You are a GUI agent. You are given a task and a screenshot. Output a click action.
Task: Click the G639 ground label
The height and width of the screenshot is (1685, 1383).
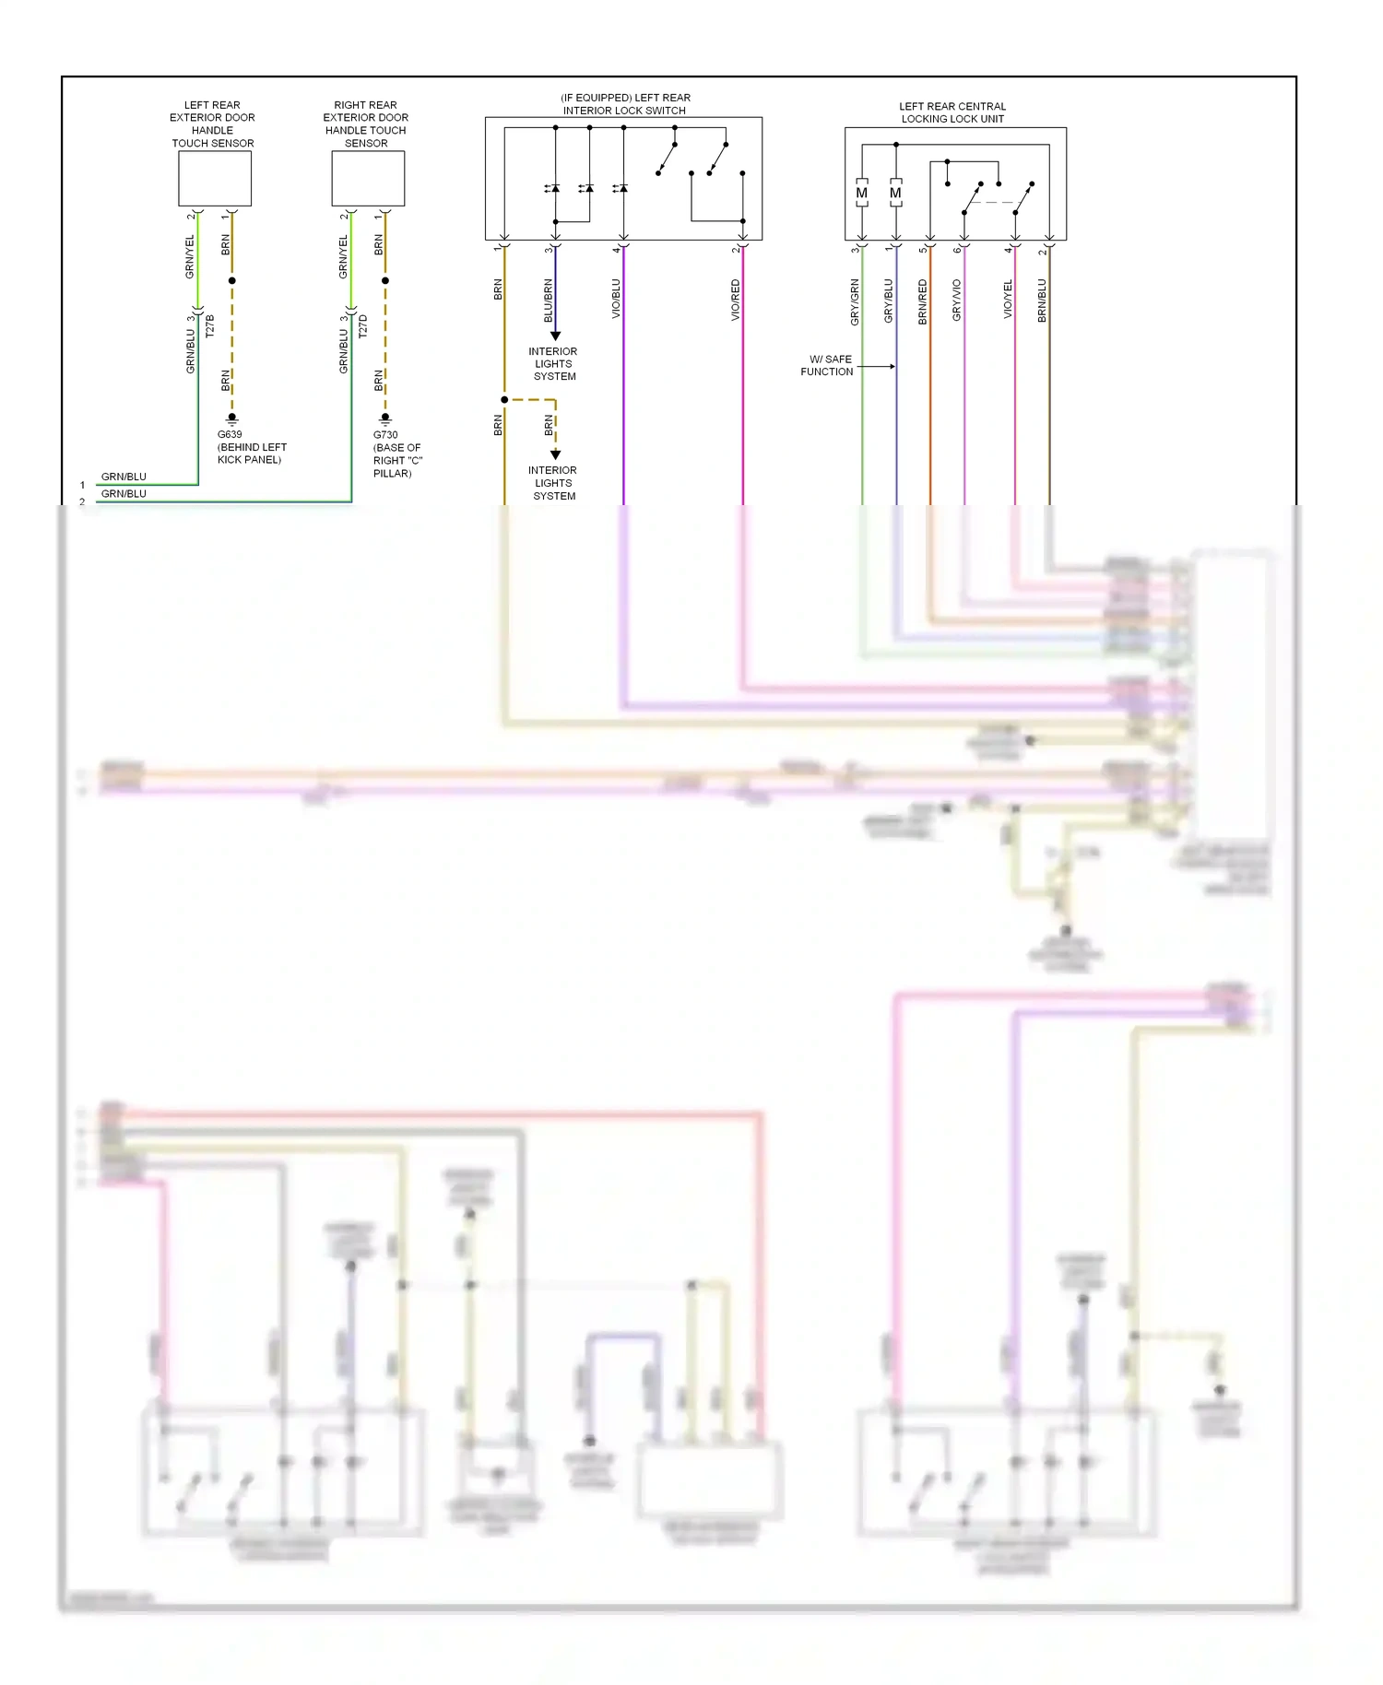[x=230, y=434]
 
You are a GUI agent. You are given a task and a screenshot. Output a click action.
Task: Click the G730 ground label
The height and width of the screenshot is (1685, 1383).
[x=385, y=435]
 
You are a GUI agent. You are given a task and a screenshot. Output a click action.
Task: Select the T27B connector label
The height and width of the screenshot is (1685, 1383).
[x=209, y=325]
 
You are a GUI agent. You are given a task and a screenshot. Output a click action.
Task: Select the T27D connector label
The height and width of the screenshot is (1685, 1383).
[x=362, y=325]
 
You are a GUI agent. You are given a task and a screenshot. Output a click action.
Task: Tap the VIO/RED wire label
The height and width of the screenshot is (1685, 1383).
[x=736, y=300]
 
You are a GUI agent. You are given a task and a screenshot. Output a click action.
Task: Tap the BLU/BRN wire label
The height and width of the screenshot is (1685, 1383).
[x=548, y=300]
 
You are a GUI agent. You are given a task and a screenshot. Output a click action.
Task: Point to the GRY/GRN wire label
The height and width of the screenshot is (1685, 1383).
[x=855, y=301]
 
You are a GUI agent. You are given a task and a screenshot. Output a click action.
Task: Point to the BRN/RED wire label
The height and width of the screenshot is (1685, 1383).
[x=922, y=301]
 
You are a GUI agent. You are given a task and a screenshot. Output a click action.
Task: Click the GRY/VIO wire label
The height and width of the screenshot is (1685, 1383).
[x=956, y=300]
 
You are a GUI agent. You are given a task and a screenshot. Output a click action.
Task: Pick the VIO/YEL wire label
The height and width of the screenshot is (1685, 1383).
[x=1008, y=300]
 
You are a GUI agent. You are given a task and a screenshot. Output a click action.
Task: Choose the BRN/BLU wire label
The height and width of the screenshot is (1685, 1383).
[x=1042, y=300]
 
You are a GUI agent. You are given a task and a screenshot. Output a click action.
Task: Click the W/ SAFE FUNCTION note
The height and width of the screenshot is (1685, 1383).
[x=827, y=366]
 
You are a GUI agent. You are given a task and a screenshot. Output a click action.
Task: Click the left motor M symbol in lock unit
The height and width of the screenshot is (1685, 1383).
[x=861, y=194]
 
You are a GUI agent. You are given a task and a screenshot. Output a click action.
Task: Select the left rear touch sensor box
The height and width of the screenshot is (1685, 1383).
[x=215, y=178]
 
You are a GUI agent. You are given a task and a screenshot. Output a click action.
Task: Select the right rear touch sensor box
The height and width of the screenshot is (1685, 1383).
[x=368, y=178]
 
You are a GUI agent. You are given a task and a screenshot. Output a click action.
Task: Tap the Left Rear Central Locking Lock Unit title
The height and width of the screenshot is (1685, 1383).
[x=952, y=112]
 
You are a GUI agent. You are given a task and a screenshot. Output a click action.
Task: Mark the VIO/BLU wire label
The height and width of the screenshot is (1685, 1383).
[x=616, y=300]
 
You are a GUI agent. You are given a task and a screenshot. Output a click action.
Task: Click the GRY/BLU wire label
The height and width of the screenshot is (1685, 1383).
[x=889, y=300]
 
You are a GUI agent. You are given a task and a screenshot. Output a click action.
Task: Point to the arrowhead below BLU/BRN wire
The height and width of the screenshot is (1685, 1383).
[x=555, y=336]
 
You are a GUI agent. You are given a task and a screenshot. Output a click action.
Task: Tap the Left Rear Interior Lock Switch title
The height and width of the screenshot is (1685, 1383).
[x=625, y=104]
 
